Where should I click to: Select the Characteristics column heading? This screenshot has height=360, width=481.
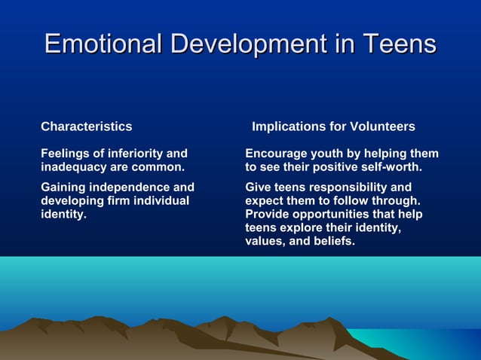pyautogui.click(x=86, y=127)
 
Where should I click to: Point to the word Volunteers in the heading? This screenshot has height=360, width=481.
pyautogui.click(x=381, y=127)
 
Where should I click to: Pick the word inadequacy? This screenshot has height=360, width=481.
pyautogui.click(x=74, y=166)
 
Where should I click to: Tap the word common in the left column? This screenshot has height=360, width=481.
pyautogui.click(x=158, y=166)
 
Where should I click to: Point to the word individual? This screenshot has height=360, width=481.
pyautogui.click(x=161, y=200)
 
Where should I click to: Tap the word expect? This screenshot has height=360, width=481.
pyautogui.click(x=265, y=200)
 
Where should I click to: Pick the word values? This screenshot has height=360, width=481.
pyautogui.click(x=265, y=241)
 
